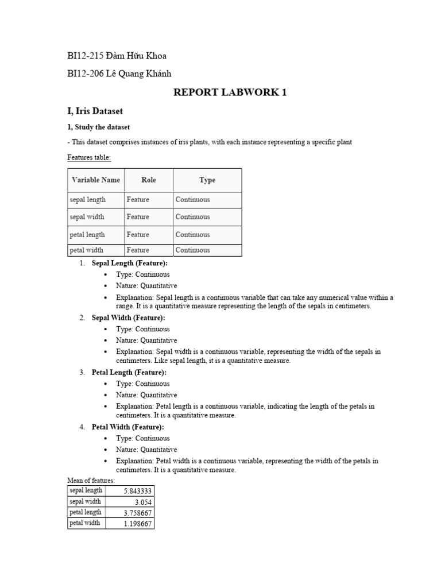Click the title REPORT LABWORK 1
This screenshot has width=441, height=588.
(x=230, y=93)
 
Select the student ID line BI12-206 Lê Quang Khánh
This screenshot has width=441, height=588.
(x=119, y=73)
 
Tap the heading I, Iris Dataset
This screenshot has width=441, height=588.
(x=95, y=111)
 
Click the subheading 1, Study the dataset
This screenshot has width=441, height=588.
(x=99, y=127)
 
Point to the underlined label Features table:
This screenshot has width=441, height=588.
(x=89, y=157)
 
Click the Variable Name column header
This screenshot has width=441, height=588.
(x=96, y=180)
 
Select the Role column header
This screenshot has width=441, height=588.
(x=149, y=180)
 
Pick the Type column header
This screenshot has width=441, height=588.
(x=207, y=180)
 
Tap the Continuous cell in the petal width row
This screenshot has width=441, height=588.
(x=193, y=250)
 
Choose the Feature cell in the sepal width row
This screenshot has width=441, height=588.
(x=138, y=217)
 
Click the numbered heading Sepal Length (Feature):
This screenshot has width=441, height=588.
(x=130, y=263)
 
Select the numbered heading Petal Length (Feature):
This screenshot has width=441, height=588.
(x=130, y=372)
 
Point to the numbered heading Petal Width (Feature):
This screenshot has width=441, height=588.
(x=128, y=427)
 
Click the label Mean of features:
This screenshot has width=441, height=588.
(x=91, y=480)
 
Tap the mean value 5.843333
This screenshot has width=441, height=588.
(x=137, y=491)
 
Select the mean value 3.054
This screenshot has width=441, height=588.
(x=144, y=502)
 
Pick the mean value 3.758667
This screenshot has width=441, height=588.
(x=137, y=513)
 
